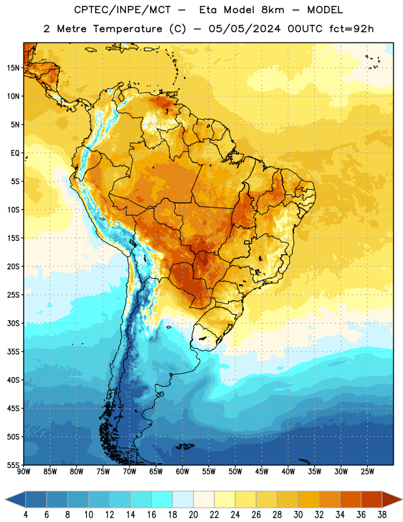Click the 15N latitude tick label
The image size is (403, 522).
click(13, 68)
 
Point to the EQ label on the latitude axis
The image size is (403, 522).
click(15, 153)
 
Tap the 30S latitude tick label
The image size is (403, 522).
click(13, 323)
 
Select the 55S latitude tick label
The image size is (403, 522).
click(13, 465)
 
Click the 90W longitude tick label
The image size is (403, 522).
click(23, 471)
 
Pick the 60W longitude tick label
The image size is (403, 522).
click(183, 471)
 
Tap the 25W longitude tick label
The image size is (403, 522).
click(367, 471)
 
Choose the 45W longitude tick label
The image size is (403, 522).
click(261, 471)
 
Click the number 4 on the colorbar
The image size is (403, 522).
click(25, 515)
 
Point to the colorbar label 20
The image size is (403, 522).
click(193, 515)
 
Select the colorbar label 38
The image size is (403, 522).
click(381, 515)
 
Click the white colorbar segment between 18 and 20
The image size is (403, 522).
click(183, 499)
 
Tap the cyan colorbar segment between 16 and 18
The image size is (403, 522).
click(162, 499)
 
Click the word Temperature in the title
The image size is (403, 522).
click(127, 29)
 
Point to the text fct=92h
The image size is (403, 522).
click(351, 29)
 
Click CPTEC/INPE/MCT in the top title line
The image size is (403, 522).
click(122, 10)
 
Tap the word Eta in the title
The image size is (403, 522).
click(208, 10)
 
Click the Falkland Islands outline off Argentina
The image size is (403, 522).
click(185, 446)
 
